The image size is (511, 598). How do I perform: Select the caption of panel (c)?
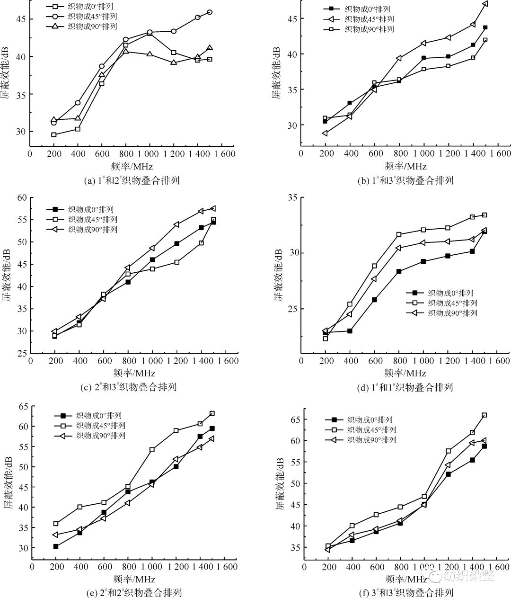(129, 387)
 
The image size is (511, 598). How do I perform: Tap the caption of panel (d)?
(405, 387)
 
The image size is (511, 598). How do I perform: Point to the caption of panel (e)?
(132, 592)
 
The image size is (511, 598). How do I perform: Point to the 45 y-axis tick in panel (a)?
(21, 19)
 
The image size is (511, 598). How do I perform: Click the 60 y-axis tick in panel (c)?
(22, 197)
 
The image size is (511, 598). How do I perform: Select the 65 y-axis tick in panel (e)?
(22, 406)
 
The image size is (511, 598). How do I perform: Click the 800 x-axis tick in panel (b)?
(399, 153)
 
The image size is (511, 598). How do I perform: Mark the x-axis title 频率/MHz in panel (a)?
(133, 166)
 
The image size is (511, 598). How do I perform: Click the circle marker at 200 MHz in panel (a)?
(54, 123)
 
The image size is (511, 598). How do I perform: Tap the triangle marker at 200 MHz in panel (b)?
(325, 133)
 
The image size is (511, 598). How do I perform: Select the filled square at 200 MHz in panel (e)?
(56, 546)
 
